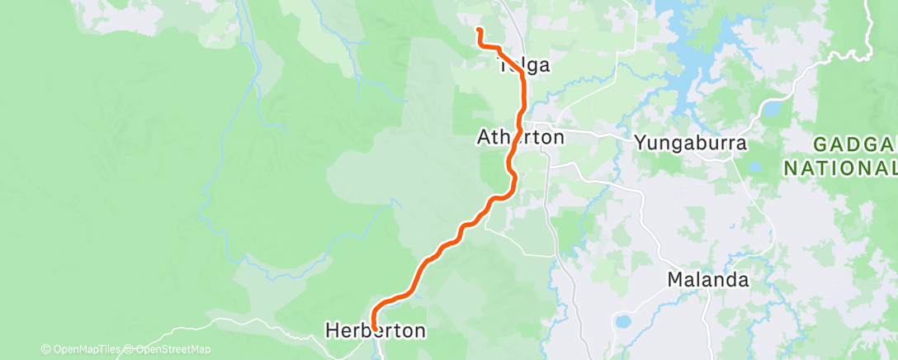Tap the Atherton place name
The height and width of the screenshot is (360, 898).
520,137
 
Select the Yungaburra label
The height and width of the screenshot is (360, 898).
691,143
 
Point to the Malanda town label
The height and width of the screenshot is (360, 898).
708,280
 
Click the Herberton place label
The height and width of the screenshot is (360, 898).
376,331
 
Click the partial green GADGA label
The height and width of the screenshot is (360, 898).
855,144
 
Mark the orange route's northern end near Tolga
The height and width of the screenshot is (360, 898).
479,31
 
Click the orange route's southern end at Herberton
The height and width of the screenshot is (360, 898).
375,328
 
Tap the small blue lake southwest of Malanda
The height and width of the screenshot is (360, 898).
623,320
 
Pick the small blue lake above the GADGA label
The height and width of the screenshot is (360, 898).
772,108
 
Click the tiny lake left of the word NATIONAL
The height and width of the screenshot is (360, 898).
755,167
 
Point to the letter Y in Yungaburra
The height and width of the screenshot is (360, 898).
640,143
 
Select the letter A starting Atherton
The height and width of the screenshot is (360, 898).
484,137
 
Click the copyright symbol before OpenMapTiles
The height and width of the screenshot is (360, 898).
45,350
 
